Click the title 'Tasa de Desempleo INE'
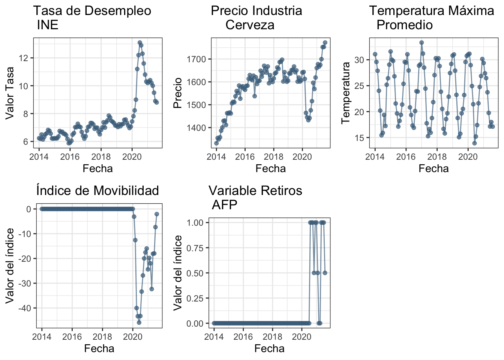pos(92,18)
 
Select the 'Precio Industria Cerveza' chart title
pos(256,18)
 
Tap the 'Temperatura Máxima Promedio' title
pos(431,18)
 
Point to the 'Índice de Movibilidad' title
pos(97,190)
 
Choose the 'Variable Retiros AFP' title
pos(255,198)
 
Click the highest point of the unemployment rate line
pos(140,43)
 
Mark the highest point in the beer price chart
pos(325,42)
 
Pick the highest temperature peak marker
pos(421,43)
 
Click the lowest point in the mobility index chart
pos(139,322)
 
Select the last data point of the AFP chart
pos(325,273)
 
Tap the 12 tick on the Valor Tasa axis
pos(25,58)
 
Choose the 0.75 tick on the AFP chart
pos(195,248)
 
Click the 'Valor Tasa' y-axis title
pos(10,93)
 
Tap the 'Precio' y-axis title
pos(177,93)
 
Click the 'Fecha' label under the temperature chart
pos(433,169)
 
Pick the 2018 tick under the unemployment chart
pos(100,156)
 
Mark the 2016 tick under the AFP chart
pos(243,336)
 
